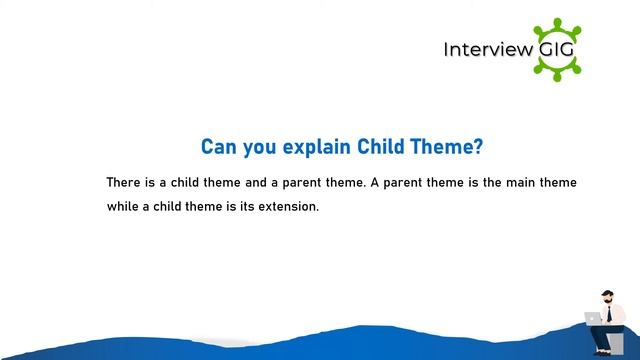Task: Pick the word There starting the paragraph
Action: click(125, 183)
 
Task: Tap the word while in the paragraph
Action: click(124, 208)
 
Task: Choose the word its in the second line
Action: click(242, 208)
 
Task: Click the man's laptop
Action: click(592, 318)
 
